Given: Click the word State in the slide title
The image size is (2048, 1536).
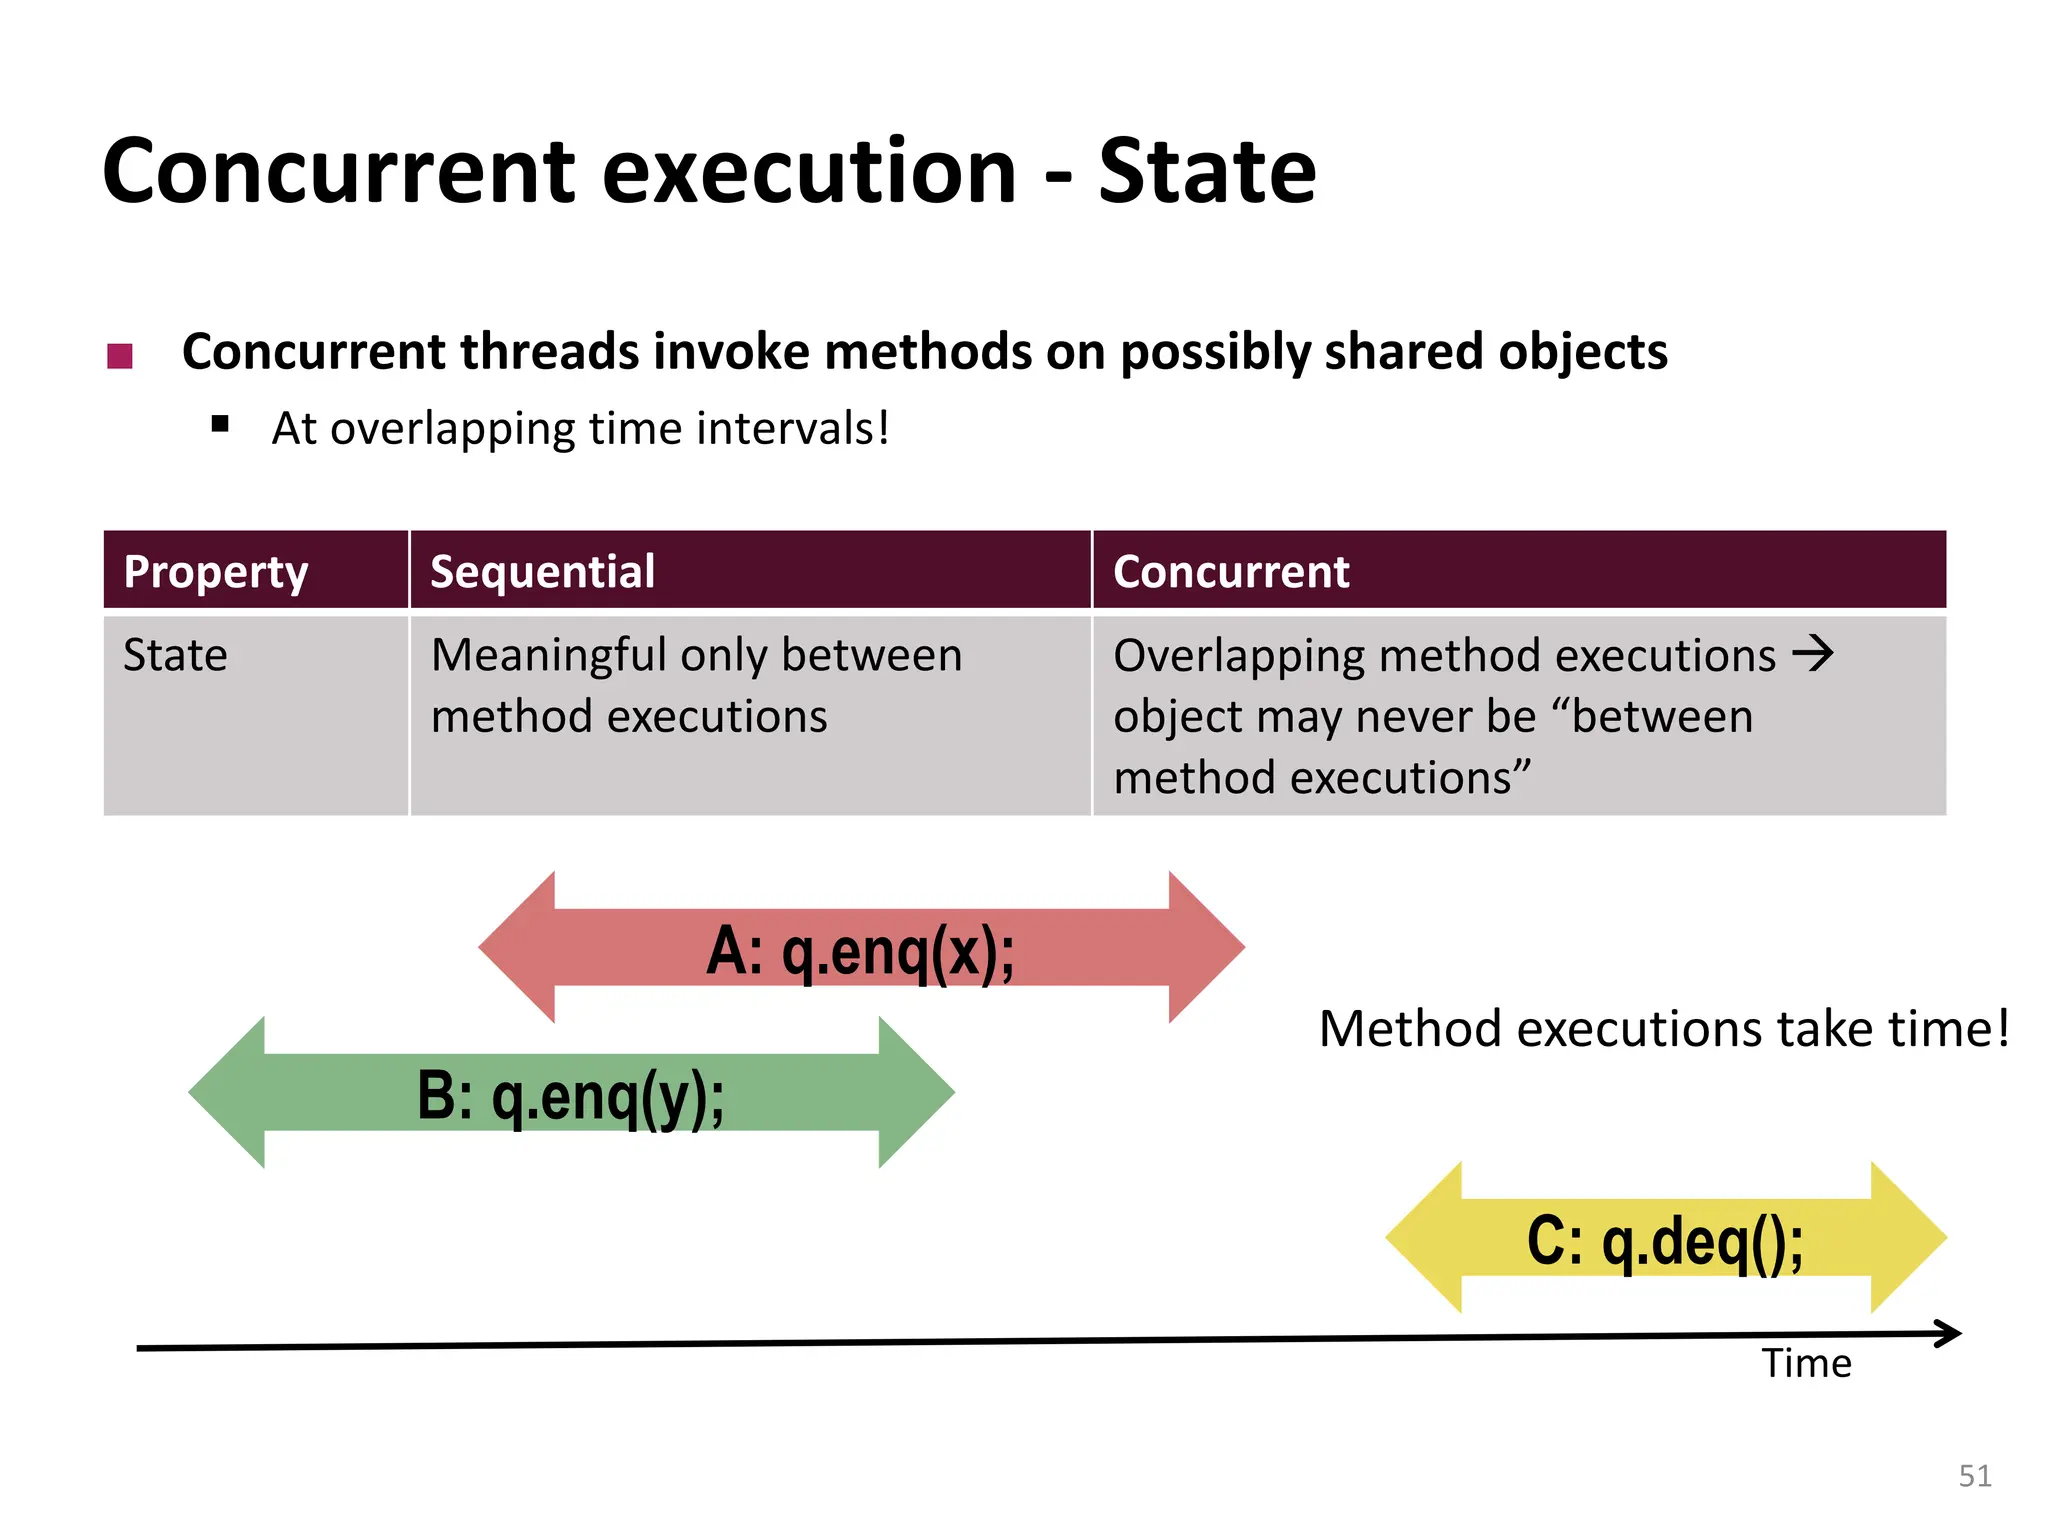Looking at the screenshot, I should tap(1207, 172).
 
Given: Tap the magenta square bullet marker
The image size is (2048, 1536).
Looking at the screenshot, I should tap(120, 356).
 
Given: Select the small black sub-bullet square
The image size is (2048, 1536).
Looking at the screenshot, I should tap(221, 424).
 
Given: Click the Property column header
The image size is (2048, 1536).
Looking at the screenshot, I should tap(215, 572).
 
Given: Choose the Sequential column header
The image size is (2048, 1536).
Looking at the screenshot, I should tap(542, 572).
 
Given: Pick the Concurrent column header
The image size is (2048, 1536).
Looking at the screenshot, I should tap(1231, 572).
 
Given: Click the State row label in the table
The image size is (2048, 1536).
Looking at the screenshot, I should tap(175, 656).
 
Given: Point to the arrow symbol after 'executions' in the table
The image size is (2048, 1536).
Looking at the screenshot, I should tap(1812, 654).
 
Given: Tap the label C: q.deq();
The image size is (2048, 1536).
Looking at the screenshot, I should tap(1665, 1241).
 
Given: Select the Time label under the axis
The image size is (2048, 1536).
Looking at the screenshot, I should tap(1806, 1364).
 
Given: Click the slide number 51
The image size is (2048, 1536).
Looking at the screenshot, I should tap(1974, 1476).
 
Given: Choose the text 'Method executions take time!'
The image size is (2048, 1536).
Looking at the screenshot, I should tap(1664, 1029).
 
